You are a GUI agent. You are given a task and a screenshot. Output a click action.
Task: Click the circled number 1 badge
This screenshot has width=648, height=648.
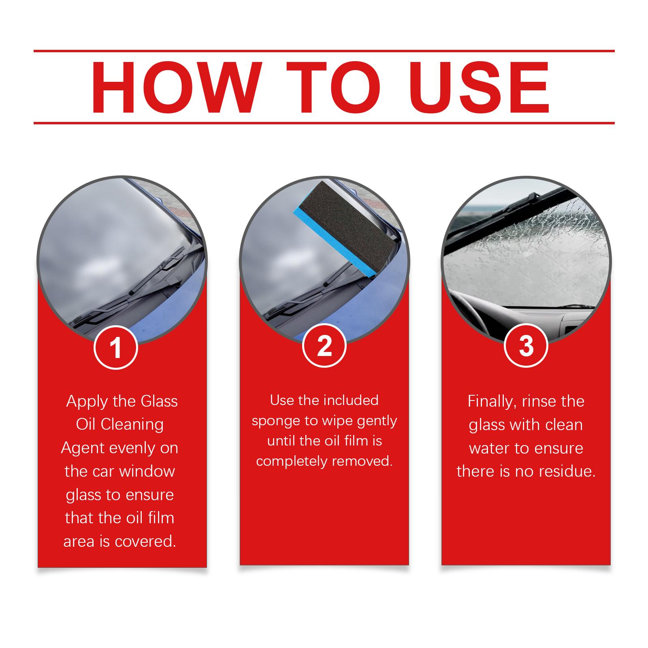point(116,347)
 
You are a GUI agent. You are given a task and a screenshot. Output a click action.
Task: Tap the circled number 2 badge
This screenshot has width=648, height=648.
point(324,347)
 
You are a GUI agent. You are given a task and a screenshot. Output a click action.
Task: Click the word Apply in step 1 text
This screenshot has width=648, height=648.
point(87,402)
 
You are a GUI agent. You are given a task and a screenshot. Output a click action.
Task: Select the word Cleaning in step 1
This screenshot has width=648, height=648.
point(132,424)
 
